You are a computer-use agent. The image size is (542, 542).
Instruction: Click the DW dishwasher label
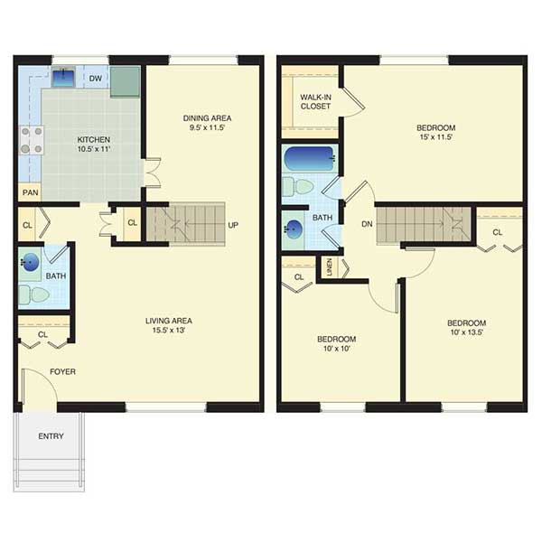pos(96,79)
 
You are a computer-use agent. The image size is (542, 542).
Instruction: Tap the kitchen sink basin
pos(63,77)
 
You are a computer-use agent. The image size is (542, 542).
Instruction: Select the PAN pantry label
pos(31,192)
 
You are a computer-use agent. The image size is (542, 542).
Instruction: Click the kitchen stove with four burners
pos(32,140)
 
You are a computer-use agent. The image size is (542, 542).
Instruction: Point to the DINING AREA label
pos(207,118)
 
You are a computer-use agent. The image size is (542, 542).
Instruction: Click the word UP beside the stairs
pos(233,225)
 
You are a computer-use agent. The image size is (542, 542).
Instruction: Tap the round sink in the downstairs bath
pos(30,262)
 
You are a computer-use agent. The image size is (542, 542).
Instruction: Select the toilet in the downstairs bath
pos(34,294)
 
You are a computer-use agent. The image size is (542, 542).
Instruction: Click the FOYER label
pos(62,371)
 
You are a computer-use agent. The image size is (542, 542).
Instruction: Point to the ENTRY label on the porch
pos(51,436)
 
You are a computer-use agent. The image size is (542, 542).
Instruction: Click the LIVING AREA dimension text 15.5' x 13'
pos(169,330)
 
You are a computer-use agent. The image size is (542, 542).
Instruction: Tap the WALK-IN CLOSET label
pos(315,101)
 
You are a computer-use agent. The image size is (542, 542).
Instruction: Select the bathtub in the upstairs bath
pos(310,158)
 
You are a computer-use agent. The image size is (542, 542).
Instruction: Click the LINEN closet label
pos(330,266)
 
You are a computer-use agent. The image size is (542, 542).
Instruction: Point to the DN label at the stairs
pos(367,224)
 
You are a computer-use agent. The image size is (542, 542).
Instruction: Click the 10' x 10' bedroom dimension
pos(337,349)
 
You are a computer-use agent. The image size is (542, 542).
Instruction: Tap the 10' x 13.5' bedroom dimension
pos(467,332)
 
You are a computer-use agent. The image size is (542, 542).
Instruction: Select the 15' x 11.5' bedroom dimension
pos(436,137)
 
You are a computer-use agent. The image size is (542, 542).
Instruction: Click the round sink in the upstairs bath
pos(294,229)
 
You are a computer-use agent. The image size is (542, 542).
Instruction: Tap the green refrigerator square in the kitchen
pos(126,82)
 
